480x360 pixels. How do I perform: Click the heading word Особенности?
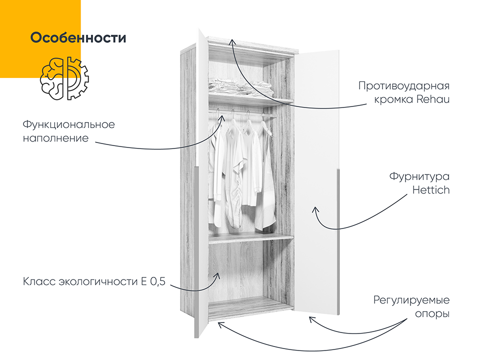tap(78, 37)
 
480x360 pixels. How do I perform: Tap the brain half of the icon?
tap(51, 78)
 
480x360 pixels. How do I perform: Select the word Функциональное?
tap(69, 124)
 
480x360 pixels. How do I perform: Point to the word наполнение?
tap(55, 138)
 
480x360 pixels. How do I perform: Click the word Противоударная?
tap(404, 86)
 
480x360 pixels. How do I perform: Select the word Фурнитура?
tap(419, 176)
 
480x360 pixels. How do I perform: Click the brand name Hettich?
tap(431, 190)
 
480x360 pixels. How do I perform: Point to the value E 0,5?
tap(153, 281)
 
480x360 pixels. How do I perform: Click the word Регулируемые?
tap(411, 300)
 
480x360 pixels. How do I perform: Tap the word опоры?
tap(432, 314)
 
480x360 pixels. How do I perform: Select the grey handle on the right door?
tap(338, 241)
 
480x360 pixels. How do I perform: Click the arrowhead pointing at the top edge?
tap(232, 41)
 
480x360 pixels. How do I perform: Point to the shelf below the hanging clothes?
tap(251, 238)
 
